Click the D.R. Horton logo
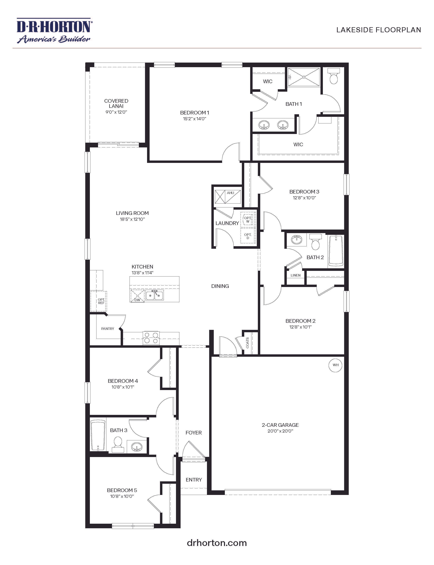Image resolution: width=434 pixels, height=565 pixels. pyautogui.click(x=54, y=30)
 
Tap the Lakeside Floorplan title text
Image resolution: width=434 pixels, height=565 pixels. pyautogui.click(x=379, y=30)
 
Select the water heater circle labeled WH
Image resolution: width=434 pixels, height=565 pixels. pyautogui.click(x=335, y=365)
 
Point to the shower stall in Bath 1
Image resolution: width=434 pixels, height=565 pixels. pyautogui.click(x=304, y=77)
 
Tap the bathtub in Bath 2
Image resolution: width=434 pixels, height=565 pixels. pyautogui.click(x=336, y=251)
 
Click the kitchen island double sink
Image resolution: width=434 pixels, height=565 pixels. pyautogui.click(x=155, y=295)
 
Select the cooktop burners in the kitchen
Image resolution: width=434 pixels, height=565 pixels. pyautogui.click(x=151, y=338)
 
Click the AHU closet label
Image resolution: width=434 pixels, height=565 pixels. pyautogui.click(x=230, y=193)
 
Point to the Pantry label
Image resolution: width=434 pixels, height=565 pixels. pyautogui.click(x=107, y=328)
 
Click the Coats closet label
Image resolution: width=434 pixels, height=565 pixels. pyautogui.click(x=247, y=343)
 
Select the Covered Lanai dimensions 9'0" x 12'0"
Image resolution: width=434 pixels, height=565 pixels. pyautogui.click(x=116, y=112)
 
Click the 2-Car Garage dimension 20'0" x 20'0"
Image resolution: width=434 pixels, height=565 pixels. pyautogui.click(x=280, y=431)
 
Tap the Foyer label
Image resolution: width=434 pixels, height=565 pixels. pyautogui.click(x=194, y=433)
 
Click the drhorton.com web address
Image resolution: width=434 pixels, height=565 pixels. pyautogui.click(x=217, y=543)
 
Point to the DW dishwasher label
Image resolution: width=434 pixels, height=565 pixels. pyautogui.click(x=137, y=300)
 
